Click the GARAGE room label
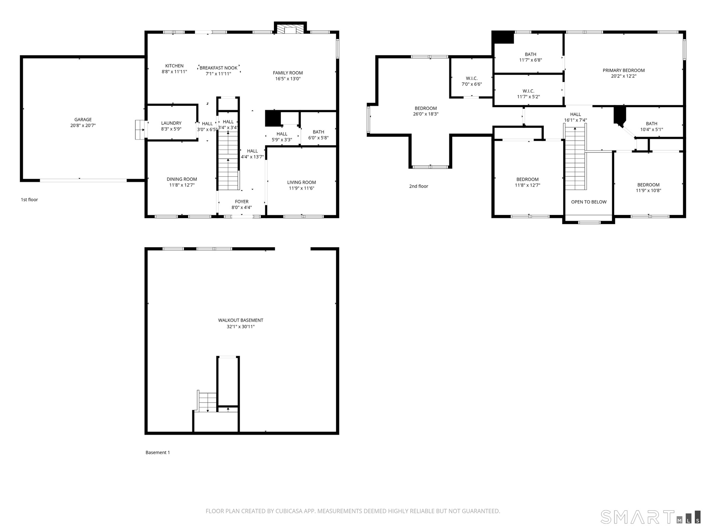83,119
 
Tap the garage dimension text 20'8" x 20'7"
83,125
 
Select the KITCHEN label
174,66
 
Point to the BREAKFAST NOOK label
218,68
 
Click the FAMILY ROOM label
288,73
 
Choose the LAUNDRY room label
171,123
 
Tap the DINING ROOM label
182,179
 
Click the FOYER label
242,201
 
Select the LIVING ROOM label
302,182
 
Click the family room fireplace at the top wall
290,29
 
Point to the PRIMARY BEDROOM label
624,70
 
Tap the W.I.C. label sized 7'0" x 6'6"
472,78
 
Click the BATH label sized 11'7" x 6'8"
531,54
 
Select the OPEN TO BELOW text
589,202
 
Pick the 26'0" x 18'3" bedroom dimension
426,114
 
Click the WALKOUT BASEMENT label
241,320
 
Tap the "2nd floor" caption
419,186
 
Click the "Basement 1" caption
158,453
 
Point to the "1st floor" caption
29,200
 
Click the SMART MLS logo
650,517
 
